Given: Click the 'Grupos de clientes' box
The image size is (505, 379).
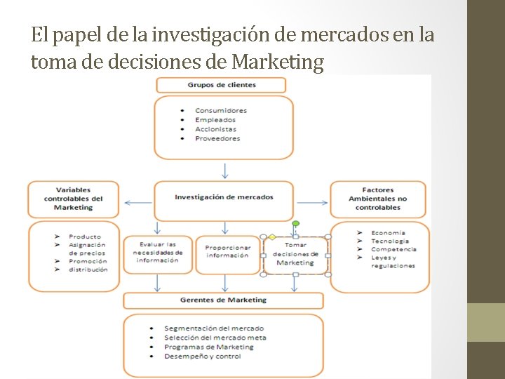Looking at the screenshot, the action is pos(221,85).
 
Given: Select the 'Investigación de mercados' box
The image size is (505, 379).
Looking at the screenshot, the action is pos(224,197).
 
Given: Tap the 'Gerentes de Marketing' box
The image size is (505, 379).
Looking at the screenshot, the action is pos(223,300).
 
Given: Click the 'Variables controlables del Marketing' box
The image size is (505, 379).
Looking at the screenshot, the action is pos(73,199).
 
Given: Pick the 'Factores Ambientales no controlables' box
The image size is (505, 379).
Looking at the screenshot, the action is pos(377,199).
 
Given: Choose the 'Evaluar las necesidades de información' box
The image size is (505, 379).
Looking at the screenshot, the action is pos(157,253).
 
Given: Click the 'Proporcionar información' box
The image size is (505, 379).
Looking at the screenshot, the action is pos(227,251).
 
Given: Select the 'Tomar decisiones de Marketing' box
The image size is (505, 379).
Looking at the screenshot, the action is pos(295,255).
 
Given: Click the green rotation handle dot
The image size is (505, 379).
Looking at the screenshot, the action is pos(295,224).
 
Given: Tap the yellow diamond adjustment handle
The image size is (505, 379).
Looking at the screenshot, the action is pos(272,237).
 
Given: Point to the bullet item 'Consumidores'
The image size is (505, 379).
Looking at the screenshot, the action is pos(221,110).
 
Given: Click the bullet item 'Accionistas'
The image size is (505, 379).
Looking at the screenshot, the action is pos(215,129).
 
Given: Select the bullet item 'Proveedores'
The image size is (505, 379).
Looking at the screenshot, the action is pos(217,138).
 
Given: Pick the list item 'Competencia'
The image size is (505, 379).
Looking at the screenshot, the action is pos(393,249).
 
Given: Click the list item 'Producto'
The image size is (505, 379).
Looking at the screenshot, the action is pos(85,237).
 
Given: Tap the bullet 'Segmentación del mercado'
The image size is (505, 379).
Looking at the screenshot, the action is pos(214,328).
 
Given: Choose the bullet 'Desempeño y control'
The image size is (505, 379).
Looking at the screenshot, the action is pos(203,356).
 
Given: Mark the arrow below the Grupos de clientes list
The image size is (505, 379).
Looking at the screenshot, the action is pos(224,171).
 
